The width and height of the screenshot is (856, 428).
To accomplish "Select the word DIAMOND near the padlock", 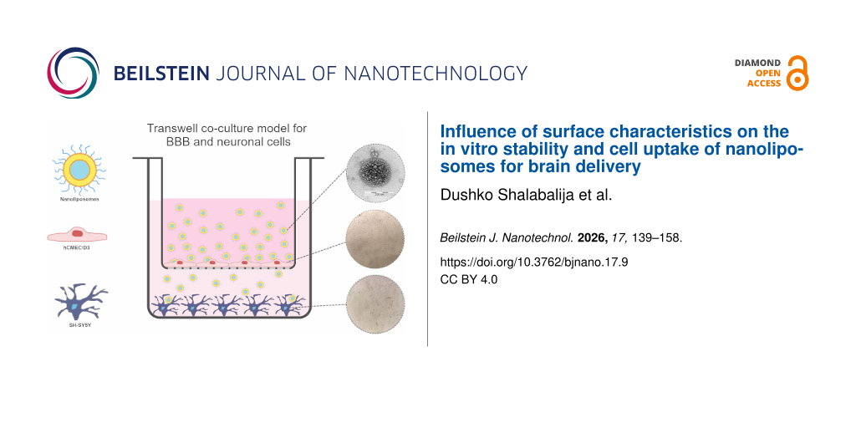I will tap(757, 63).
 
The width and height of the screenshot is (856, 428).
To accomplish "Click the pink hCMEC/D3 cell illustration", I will tap(78, 233).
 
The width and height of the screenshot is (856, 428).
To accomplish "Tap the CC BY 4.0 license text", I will tap(468, 279).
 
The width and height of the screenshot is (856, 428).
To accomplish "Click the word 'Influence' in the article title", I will tap(474, 132).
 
